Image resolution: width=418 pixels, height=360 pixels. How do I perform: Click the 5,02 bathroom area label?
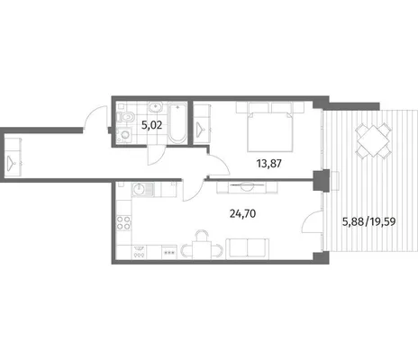(x=151, y=125)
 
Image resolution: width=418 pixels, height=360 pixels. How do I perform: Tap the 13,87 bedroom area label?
(x=269, y=164)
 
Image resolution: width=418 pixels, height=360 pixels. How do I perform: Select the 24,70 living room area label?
(x=242, y=213)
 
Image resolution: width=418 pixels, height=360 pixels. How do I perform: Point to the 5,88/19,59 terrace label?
(x=369, y=222)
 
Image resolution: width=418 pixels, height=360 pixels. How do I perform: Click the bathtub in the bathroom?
(x=177, y=123)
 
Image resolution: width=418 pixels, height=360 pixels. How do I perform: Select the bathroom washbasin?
(x=155, y=106)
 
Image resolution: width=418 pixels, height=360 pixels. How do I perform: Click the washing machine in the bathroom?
(x=124, y=135)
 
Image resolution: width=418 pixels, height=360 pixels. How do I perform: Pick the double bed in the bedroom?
(x=270, y=127)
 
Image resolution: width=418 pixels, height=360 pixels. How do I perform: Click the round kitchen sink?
(x=139, y=189)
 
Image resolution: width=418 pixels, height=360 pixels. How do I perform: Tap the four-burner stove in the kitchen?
(x=123, y=222)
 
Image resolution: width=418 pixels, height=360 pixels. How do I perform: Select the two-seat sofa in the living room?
(x=248, y=248)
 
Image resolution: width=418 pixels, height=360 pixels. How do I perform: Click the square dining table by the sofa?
(x=202, y=250)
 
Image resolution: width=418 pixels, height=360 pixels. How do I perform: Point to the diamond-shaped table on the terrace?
(x=374, y=140)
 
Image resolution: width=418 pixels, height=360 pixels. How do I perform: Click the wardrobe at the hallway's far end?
(x=13, y=157)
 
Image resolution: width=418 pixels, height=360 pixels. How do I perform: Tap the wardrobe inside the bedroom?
(x=202, y=124)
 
